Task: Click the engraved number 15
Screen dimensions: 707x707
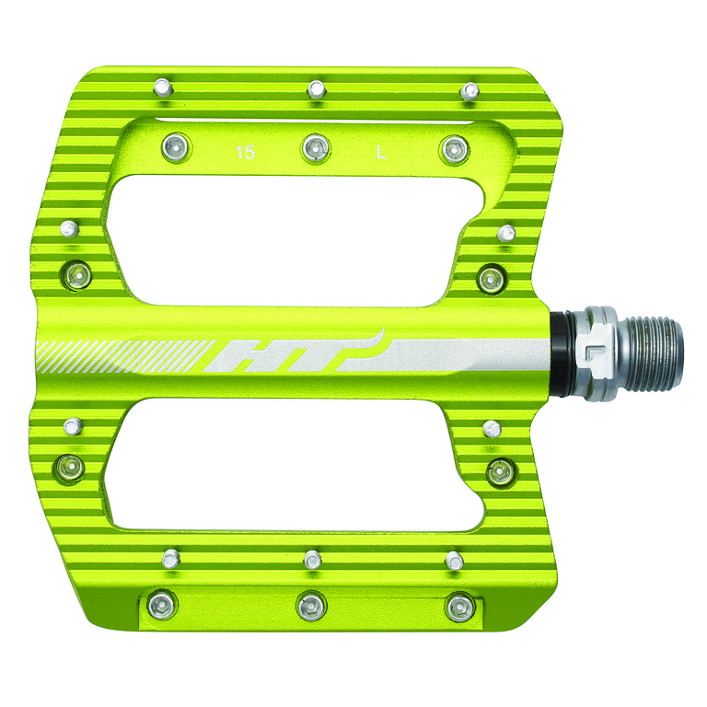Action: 245,153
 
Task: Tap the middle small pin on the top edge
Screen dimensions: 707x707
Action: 317,88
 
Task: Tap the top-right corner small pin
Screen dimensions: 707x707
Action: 470,90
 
